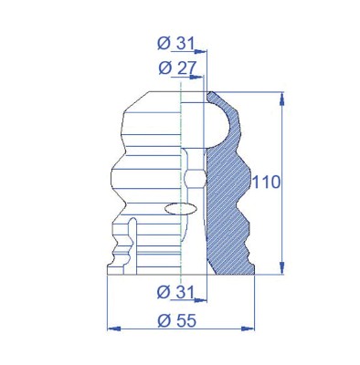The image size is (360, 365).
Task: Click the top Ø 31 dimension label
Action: click(x=175, y=44)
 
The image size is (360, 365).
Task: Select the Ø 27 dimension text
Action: click(x=176, y=68)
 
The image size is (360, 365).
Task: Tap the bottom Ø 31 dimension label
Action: click(x=175, y=293)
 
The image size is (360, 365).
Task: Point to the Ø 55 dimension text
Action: click(x=177, y=321)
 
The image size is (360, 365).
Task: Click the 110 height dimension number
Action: click(x=266, y=182)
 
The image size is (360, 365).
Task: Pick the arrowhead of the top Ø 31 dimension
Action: click(x=201, y=51)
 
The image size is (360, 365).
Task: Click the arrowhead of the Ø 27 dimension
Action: click(x=196, y=77)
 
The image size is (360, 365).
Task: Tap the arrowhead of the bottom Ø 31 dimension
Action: click(x=201, y=300)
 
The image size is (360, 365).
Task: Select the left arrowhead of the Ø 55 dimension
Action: click(x=114, y=328)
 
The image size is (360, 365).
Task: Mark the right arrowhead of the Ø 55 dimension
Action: click(x=248, y=328)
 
